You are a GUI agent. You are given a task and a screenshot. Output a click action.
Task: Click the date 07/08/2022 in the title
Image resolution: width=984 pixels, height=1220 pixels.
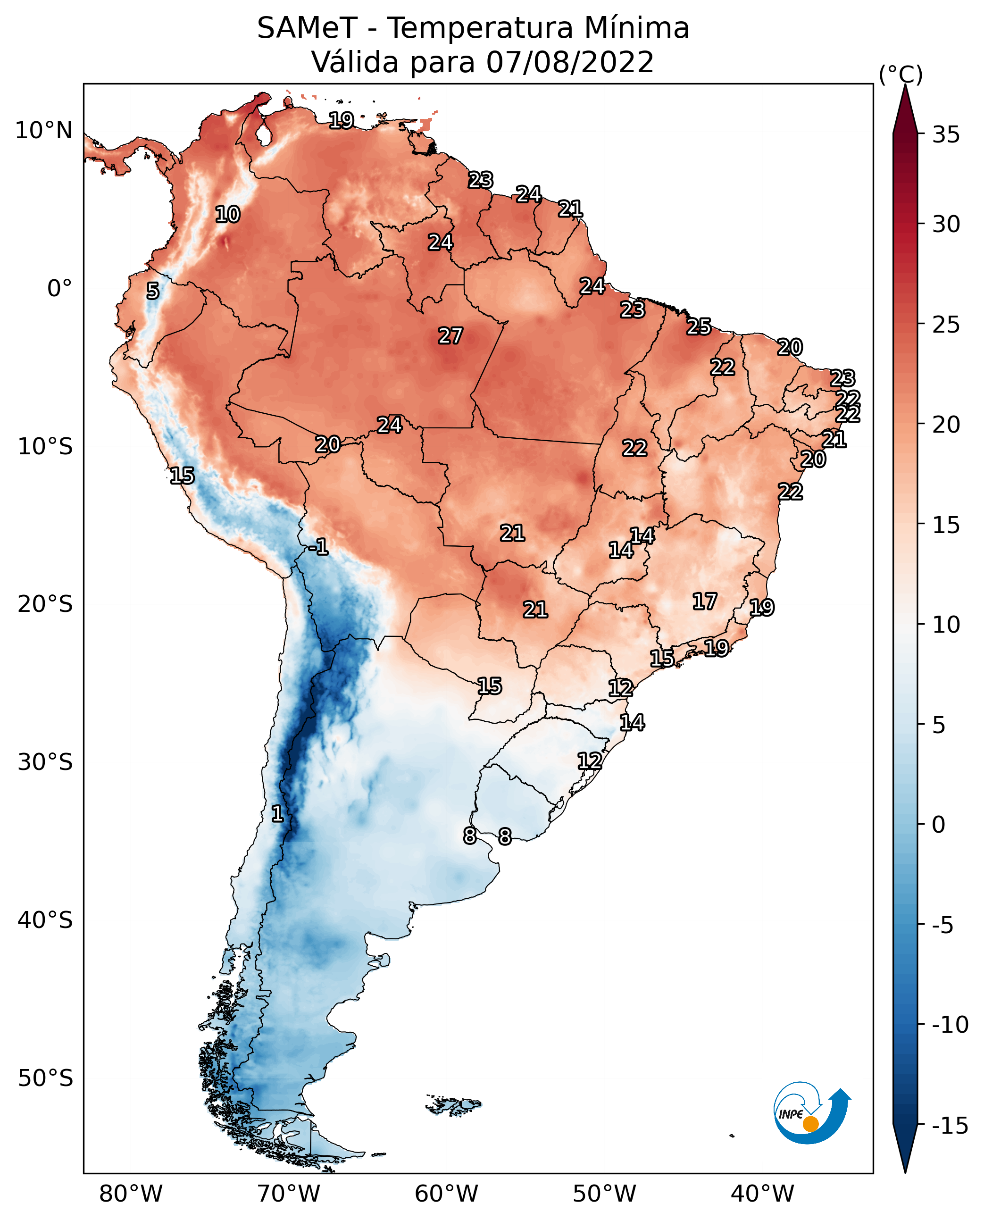(x=570, y=62)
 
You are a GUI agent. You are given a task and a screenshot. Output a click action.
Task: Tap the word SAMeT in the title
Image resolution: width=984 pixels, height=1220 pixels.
(x=307, y=28)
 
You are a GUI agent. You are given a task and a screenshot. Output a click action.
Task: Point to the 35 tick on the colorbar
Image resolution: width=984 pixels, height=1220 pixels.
(x=946, y=135)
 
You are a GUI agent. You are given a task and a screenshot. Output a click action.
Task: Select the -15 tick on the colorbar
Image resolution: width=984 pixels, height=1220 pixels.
(x=950, y=1125)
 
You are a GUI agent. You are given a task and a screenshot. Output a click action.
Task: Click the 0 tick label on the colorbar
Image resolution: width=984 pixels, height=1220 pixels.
(x=939, y=825)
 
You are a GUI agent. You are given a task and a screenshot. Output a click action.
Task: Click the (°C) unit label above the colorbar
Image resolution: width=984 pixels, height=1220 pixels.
(x=901, y=74)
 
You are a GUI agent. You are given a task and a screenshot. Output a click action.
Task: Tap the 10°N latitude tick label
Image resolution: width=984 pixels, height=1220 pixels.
(x=44, y=131)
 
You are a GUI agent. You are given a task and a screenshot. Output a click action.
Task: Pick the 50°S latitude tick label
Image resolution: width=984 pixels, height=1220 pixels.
(x=45, y=1078)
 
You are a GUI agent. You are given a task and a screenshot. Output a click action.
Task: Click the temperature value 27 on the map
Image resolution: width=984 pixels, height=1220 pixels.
(x=450, y=335)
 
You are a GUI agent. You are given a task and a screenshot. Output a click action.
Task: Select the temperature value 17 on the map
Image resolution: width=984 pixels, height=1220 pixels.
(x=705, y=601)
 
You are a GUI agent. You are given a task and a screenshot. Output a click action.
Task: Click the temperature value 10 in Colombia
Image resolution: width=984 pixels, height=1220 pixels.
(x=227, y=214)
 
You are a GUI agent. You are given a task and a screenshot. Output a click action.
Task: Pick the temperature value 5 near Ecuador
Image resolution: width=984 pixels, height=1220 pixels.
(x=152, y=291)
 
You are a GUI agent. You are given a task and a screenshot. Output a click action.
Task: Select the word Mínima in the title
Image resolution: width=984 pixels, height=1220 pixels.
(x=636, y=28)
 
